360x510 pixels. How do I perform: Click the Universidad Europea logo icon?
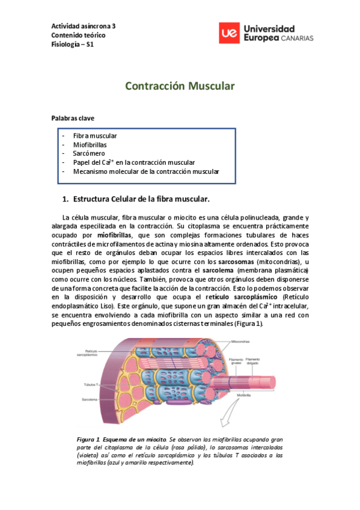tap(227, 34)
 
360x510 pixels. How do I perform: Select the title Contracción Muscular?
tap(179, 86)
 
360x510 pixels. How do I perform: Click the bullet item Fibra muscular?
tap(95, 135)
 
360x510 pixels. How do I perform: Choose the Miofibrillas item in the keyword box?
tap(91, 144)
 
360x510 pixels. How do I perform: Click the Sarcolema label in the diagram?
tap(90, 399)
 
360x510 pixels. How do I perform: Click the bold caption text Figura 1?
tap(88, 440)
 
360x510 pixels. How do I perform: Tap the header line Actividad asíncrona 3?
tap(84, 26)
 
